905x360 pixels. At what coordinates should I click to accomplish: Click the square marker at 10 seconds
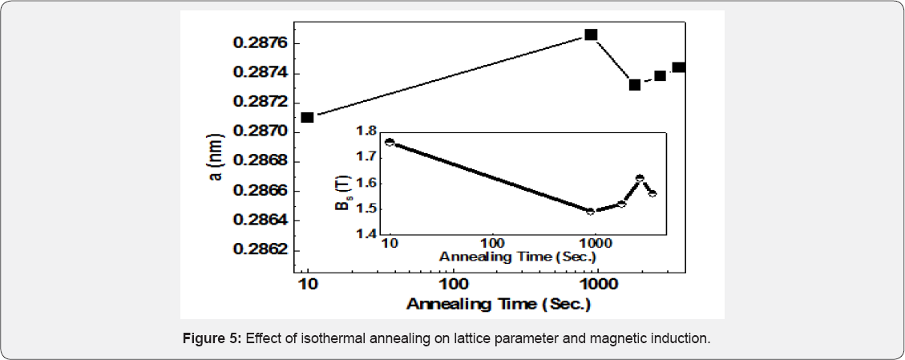coord(307,117)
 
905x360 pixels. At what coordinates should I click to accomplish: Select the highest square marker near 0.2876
coord(591,34)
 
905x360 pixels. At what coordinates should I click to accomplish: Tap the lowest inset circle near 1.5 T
coord(591,211)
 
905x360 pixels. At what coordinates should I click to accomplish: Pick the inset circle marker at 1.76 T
coord(390,142)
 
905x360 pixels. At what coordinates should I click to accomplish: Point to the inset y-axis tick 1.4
coord(365,234)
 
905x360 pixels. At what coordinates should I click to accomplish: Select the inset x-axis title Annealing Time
coord(518,257)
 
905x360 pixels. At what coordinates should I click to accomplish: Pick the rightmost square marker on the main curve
coord(679,67)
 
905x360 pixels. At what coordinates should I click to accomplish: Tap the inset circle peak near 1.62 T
coord(640,178)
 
